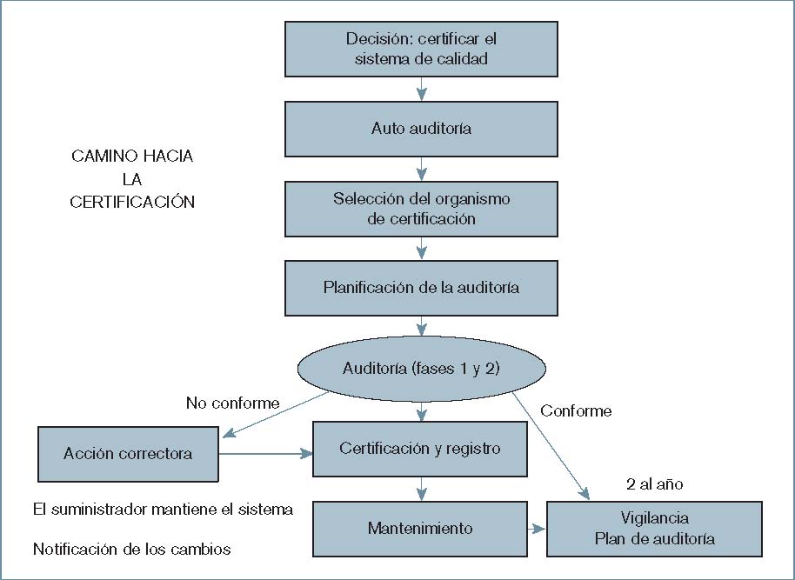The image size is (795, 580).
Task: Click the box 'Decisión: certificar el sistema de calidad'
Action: click(421, 49)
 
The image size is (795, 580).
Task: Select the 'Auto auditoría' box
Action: click(421, 129)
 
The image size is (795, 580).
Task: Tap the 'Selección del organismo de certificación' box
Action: click(421, 209)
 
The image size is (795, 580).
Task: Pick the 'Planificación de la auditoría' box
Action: click(421, 287)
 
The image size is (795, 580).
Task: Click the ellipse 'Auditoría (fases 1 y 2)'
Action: click(421, 368)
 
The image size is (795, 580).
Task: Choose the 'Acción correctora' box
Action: click(128, 453)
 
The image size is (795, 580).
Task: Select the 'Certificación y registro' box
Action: click(421, 449)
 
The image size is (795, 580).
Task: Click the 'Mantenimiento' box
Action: click(421, 528)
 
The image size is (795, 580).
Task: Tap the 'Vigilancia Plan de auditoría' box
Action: click(654, 529)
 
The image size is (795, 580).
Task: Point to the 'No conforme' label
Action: click(232, 403)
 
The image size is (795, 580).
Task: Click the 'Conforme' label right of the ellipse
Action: click(576, 410)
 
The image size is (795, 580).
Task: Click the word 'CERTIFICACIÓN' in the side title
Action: click(132, 202)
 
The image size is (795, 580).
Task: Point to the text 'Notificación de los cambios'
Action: click(132, 550)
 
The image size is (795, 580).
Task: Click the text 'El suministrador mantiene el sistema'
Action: click(163, 509)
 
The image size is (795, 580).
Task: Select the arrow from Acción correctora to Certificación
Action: click(265, 453)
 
